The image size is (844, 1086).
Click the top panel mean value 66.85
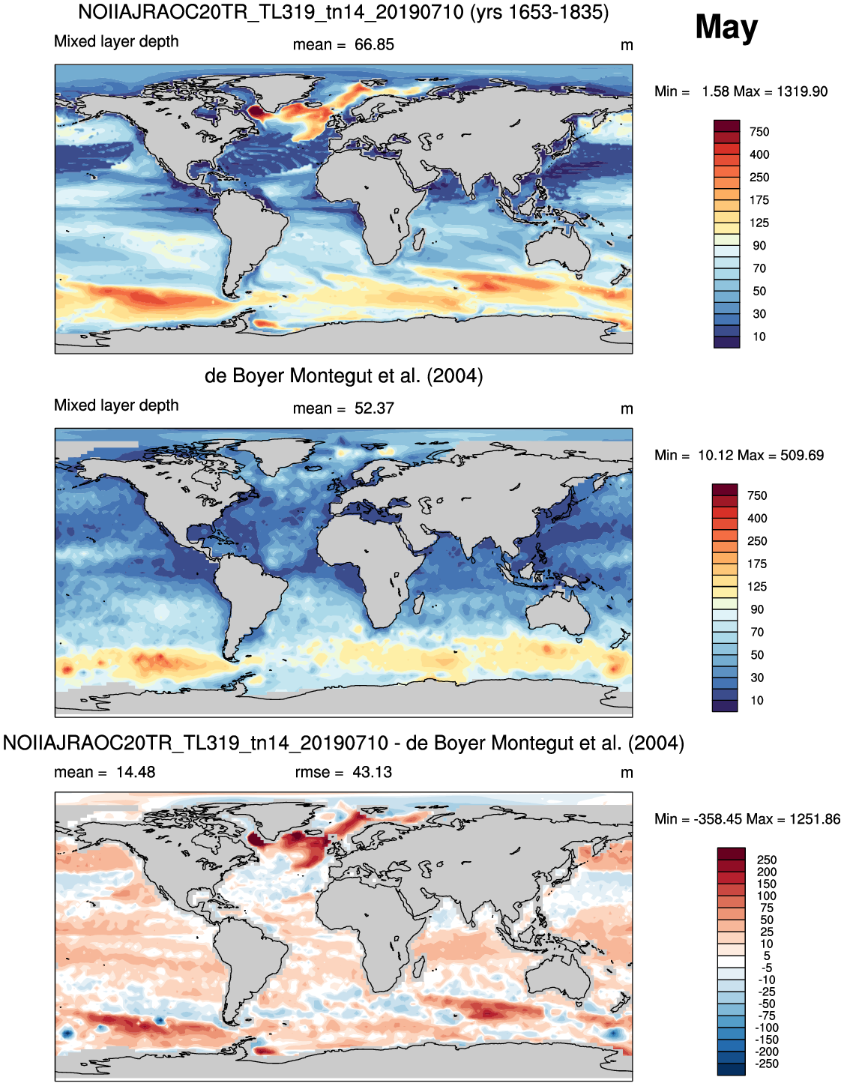(374, 45)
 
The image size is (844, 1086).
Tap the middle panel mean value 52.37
(374, 408)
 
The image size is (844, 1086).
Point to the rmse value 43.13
(373, 772)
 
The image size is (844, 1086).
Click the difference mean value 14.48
(136, 772)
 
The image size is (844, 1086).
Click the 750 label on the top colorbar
(759, 132)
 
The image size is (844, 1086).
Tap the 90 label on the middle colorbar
(757, 609)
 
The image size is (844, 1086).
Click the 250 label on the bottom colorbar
(767, 860)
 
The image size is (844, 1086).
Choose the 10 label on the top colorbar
(759, 337)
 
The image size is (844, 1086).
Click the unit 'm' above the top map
(627, 46)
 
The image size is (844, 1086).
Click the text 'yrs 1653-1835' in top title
(539, 12)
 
